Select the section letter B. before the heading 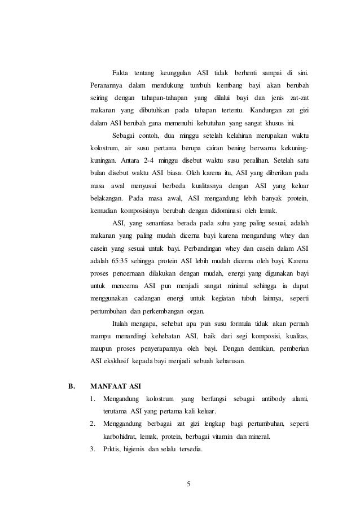pos(72,387)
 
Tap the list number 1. pos(93,400)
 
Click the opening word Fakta pos(120,74)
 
